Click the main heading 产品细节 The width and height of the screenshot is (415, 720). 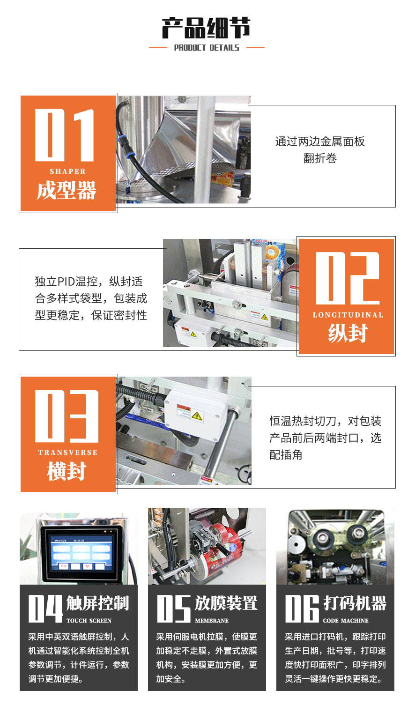pyautogui.click(x=206, y=28)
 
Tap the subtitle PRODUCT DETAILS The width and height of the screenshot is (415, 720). pyautogui.click(x=207, y=48)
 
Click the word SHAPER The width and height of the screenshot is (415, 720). pyautogui.click(x=68, y=171)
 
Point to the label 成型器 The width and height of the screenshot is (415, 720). pyautogui.click(x=67, y=191)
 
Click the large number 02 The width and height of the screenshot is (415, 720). pyautogui.click(x=347, y=279)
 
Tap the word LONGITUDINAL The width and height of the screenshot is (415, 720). pyautogui.click(x=348, y=315)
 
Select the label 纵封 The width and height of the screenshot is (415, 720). pyautogui.click(x=348, y=334)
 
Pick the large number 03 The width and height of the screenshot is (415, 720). pyautogui.click(x=67, y=416)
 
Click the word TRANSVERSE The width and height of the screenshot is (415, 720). pyautogui.click(x=68, y=453)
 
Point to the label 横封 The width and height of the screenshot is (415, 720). pyautogui.click(x=67, y=471)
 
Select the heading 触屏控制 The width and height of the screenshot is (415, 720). pyautogui.click(x=97, y=603)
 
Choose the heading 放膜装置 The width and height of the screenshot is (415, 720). pyautogui.click(x=226, y=603)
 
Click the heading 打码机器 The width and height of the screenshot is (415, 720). pyautogui.click(x=355, y=603)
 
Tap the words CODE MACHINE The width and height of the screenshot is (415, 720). pyautogui.click(x=346, y=621)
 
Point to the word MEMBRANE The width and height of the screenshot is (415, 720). pyautogui.click(x=212, y=621)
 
